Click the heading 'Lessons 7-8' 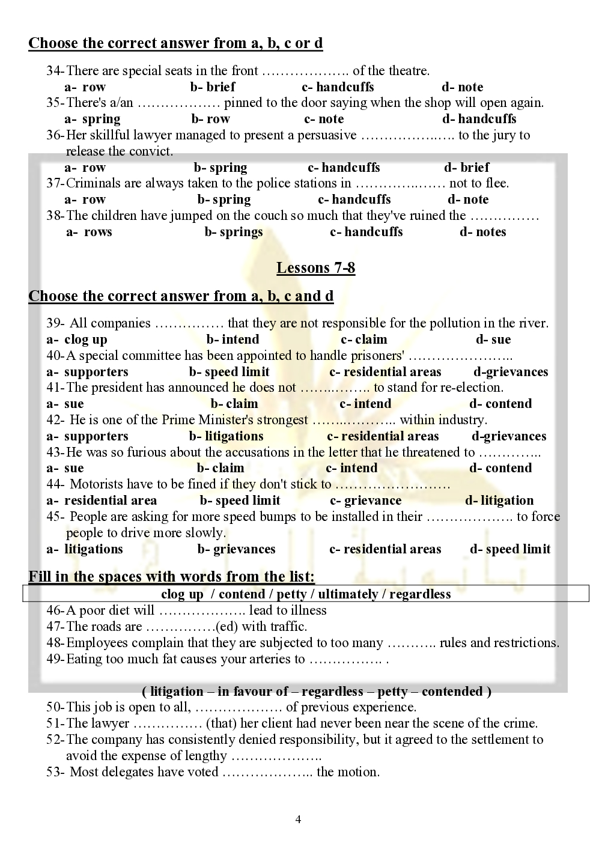point(315,268)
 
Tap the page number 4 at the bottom point(298,820)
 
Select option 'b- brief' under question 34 point(213,87)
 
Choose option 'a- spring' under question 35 point(93,119)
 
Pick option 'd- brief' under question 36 point(467,168)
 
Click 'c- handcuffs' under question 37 point(354,199)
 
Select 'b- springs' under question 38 point(234,232)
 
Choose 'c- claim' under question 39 point(364,339)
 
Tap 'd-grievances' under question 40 point(511,372)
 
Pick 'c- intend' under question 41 point(365,404)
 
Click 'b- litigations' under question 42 point(227,436)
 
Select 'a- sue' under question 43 point(65,468)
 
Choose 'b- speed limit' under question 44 point(240,501)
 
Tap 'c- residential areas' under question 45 point(385,549)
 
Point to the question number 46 point(54,610)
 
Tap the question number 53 point(54,772)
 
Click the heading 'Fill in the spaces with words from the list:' point(172,577)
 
